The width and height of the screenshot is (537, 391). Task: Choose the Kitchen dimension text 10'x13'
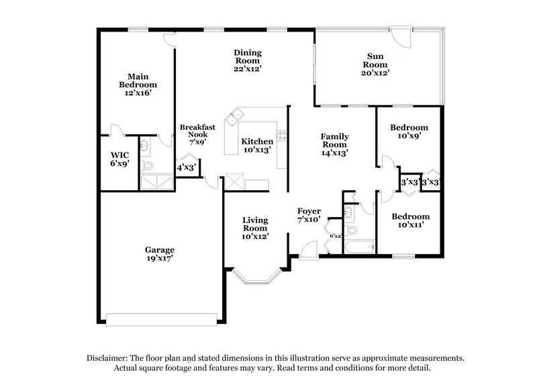pos(258,150)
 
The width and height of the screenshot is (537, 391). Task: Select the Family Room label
pos(334,139)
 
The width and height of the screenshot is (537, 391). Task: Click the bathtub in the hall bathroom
pos(359,247)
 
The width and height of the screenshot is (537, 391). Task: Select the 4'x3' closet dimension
pos(186,167)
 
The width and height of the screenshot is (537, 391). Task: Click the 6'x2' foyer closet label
pos(336,235)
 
